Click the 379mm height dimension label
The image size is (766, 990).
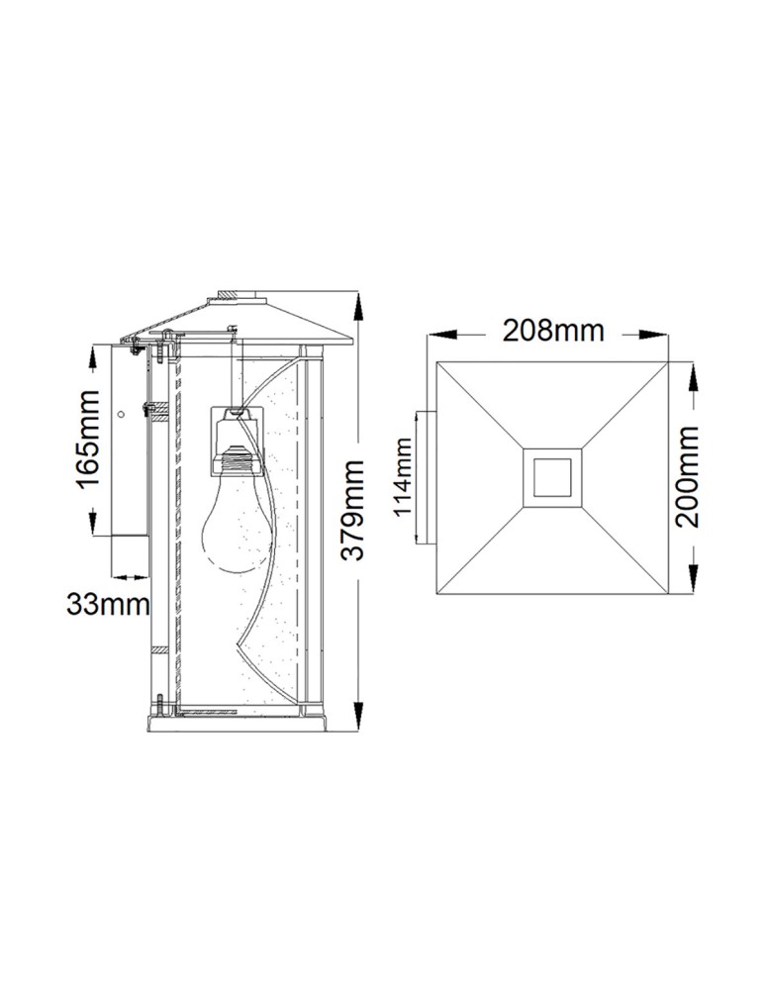coord(353,507)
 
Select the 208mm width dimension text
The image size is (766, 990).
coord(553,331)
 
